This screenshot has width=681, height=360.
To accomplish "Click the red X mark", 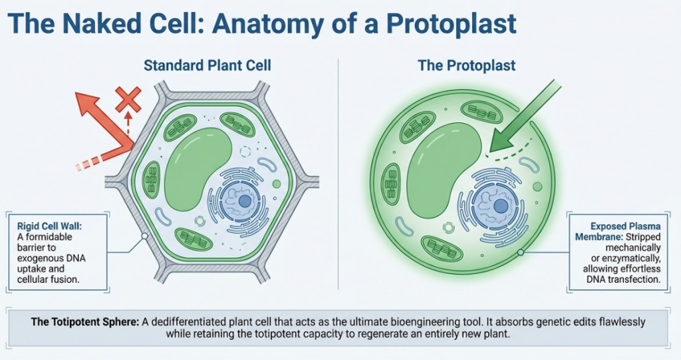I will (x=128, y=100).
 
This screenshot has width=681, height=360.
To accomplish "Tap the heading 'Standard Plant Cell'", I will (x=207, y=66).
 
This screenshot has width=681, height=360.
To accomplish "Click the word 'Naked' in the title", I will (x=96, y=24).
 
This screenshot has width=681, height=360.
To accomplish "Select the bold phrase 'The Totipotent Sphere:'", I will (x=85, y=321).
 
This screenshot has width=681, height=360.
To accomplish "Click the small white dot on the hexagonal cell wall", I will (x=144, y=236).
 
